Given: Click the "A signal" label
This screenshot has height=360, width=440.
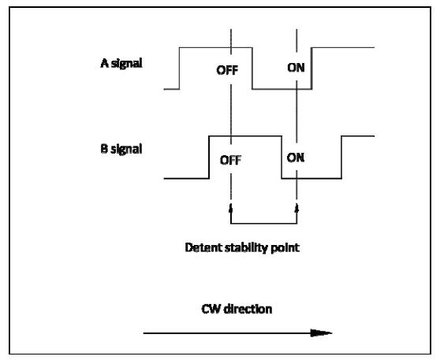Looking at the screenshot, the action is click(121, 64).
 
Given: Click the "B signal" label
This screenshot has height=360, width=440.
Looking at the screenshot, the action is click(121, 149).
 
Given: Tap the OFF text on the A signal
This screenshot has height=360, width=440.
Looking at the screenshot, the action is click(227, 70).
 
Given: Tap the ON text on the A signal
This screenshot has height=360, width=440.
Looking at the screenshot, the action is click(296, 68).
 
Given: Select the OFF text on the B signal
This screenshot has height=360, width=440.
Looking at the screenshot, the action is click(230, 160).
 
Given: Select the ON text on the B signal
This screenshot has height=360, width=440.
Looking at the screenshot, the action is click(296, 158).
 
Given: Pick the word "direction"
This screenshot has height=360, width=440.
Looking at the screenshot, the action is click(248, 309).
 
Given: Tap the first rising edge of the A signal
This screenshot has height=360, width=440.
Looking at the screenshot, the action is click(179, 69).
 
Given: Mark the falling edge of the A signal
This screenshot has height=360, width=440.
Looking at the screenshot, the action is click(252, 69).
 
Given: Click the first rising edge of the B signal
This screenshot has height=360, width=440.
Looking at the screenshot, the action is click(209, 157).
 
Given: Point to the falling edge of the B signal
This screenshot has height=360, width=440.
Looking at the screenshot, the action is click(282, 157).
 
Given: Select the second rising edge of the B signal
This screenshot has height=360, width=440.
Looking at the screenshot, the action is click(341, 157).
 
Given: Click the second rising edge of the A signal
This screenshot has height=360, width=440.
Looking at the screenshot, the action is click(311, 69).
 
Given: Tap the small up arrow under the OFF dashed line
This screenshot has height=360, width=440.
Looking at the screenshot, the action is click(231, 209).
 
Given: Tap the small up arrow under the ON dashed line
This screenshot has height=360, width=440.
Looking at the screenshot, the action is click(297, 209).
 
